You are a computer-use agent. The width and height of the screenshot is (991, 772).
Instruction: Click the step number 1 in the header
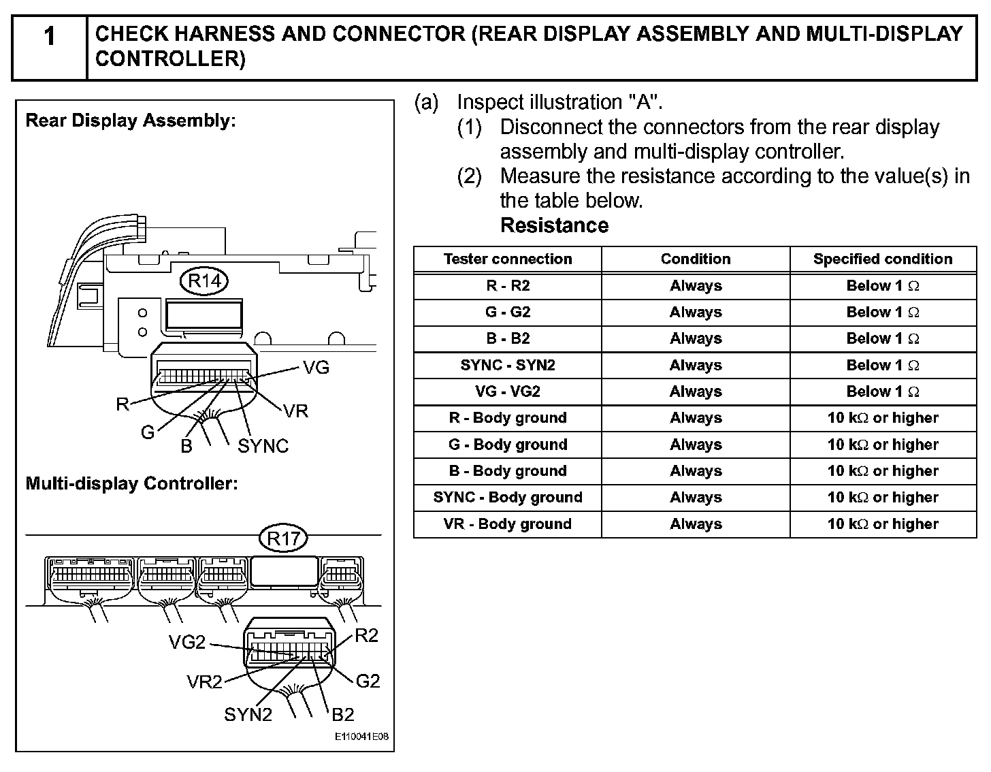point(49,37)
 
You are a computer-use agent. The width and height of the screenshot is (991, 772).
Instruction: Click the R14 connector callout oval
point(204,280)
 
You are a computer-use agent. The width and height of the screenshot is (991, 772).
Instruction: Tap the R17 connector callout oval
point(283,539)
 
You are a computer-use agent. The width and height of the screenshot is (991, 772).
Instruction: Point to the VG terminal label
point(316,368)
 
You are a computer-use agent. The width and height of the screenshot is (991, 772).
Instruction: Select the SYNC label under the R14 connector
point(263,447)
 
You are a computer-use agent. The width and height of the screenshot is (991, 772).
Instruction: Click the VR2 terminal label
point(204,682)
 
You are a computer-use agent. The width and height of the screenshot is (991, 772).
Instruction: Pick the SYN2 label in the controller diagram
point(248,715)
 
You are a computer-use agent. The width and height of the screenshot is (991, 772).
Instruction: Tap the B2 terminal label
point(343,715)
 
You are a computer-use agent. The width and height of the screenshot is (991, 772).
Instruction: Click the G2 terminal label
point(368,681)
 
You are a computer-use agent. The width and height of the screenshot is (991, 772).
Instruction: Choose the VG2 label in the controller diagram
point(186,643)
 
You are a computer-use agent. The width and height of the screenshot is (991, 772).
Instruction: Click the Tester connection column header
point(508,259)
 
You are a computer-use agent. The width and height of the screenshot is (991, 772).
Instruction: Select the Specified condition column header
point(883,259)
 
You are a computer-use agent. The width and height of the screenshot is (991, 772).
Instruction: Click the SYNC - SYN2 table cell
point(508,366)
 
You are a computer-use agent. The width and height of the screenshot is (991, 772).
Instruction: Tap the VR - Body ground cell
point(508,524)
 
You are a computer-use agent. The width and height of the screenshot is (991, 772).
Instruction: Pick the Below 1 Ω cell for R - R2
point(883,286)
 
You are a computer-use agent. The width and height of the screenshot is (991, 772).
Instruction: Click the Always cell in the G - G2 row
point(696,312)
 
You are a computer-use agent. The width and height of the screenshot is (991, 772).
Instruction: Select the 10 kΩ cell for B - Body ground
point(883,471)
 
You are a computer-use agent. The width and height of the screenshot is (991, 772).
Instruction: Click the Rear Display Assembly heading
point(130,121)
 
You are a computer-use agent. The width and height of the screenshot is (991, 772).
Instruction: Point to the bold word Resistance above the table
point(554,226)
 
